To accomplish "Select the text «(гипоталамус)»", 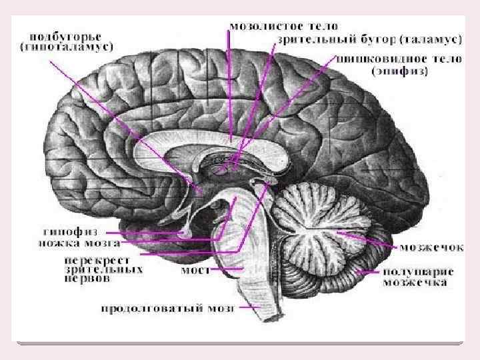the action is coord(67,47).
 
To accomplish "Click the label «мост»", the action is coord(196,271).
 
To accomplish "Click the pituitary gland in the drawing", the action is coord(189,231).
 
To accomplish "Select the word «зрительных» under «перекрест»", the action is coord(103,270).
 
